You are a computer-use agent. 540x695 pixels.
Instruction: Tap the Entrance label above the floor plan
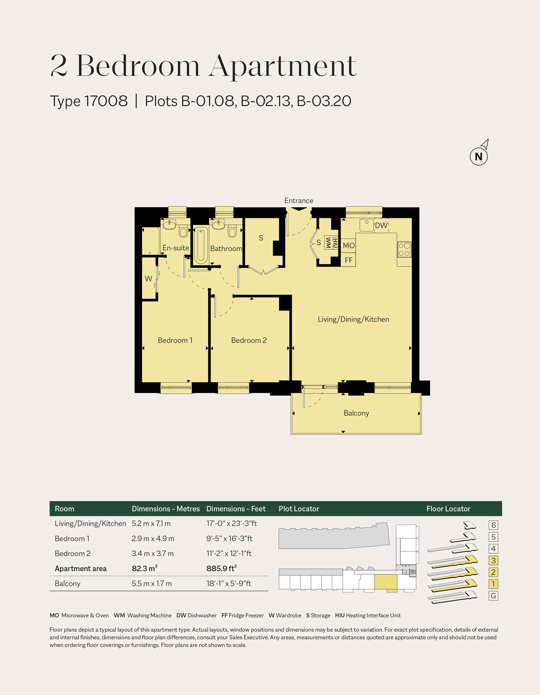(x=299, y=201)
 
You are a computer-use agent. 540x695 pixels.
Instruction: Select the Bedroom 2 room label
(x=249, y=340)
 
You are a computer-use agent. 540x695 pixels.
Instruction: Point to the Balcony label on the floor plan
(x=356, y=413)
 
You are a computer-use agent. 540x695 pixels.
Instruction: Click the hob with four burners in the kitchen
(x=404, y=249)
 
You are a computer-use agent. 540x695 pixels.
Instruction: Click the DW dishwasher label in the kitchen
(x=381, y=225)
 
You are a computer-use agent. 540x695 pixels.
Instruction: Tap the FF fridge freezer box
(x=348, y=260)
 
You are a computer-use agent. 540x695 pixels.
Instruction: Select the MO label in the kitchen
(x=349, y=246)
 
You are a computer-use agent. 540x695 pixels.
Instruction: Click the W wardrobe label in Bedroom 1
(x=148, y=279)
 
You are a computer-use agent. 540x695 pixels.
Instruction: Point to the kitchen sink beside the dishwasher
(x=367, y=225)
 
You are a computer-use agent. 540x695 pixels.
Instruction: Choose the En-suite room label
(x=176, y=248)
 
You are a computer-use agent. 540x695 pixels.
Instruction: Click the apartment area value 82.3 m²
(x=145, y=568)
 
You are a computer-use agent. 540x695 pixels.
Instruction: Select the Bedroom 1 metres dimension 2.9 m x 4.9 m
(x=153, y=539)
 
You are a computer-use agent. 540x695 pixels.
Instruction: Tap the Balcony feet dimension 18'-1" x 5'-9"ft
(x=229, y=583)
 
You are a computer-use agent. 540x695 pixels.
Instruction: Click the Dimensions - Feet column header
(x=236, y=509)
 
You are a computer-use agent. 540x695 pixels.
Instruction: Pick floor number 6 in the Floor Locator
(x=493, y=525)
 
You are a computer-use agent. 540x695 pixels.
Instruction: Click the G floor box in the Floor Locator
(x=493, y=596)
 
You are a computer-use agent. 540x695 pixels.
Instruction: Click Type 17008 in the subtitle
(x=89, y=101)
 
